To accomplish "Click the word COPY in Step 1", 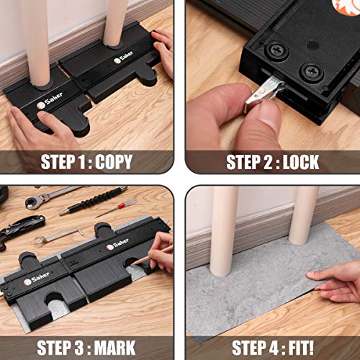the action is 114,161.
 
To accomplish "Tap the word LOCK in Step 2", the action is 301,162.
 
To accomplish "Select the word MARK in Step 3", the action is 114,347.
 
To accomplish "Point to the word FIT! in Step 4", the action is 301,347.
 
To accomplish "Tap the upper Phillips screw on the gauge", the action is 277,50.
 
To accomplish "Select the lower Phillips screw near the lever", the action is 311,71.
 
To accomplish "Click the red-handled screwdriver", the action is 116,208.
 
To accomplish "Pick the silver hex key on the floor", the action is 59,235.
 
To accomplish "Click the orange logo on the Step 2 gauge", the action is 346,6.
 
